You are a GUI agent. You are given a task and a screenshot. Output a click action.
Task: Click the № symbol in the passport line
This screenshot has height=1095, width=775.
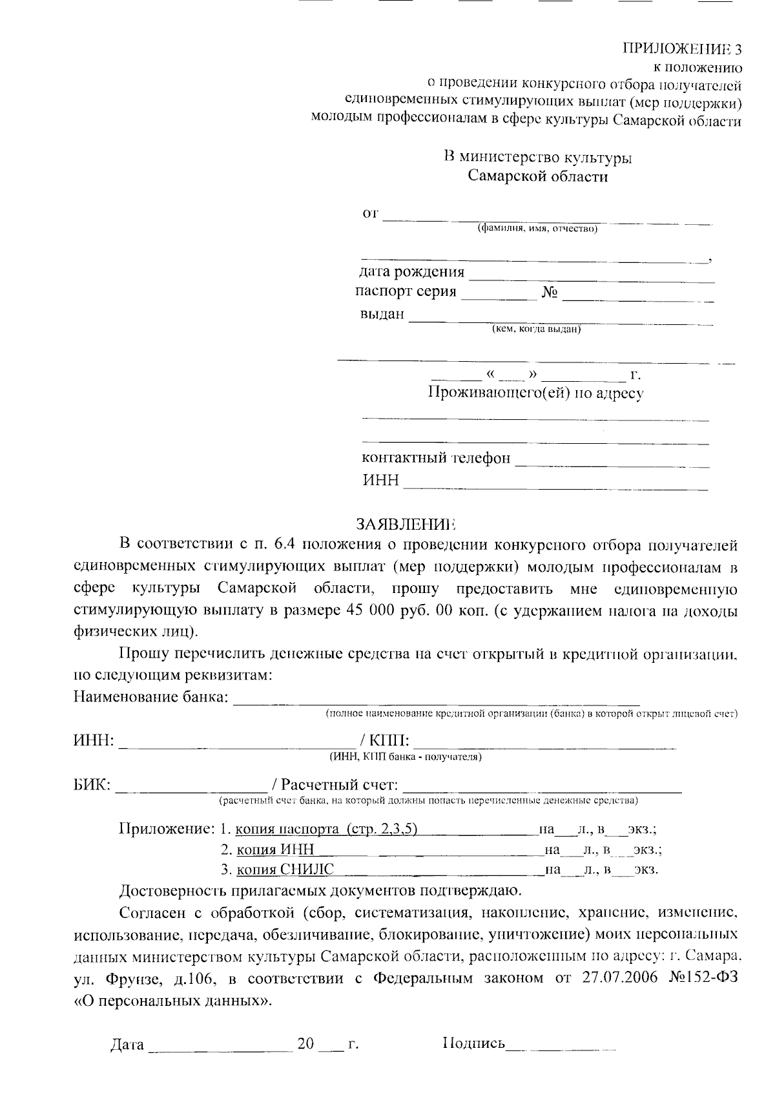(x=550, y=293)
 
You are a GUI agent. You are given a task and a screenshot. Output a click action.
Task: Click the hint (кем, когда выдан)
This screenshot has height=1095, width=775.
(x=537, y=330)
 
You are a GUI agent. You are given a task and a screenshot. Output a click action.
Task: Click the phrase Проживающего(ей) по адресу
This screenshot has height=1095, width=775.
(x=536, y=393)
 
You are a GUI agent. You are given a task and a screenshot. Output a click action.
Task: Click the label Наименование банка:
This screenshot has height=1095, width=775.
(x=151, y=697)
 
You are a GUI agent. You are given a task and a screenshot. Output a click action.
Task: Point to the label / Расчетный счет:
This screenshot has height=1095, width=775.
(x=335, y=785)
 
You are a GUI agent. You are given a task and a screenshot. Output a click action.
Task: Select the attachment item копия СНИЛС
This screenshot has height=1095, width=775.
(x=285, y=870)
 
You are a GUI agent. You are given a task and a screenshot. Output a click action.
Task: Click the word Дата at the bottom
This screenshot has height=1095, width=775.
(x=127, y=1045)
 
